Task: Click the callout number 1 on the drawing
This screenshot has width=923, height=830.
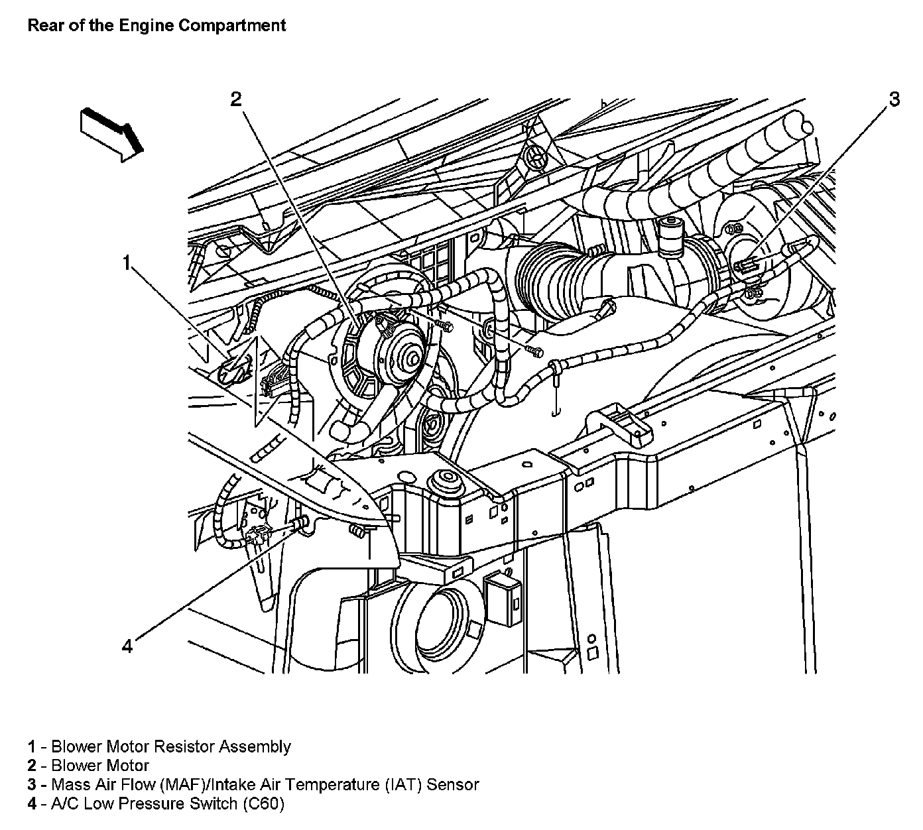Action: coord(126,263)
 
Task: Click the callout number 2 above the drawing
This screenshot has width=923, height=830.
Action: coord(237,99)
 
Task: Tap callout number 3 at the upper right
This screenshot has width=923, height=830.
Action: coord(894,99)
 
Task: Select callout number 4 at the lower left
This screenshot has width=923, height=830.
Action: coord(127,644)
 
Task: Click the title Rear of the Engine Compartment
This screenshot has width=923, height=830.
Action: coord(156,26)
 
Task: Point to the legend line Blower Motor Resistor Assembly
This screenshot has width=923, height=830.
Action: coord(159,746)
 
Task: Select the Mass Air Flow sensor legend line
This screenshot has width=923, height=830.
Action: coord(253,785)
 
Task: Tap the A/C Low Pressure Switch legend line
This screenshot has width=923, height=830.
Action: coord(156,804)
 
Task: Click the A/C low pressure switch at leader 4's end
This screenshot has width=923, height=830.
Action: coord(260,534)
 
